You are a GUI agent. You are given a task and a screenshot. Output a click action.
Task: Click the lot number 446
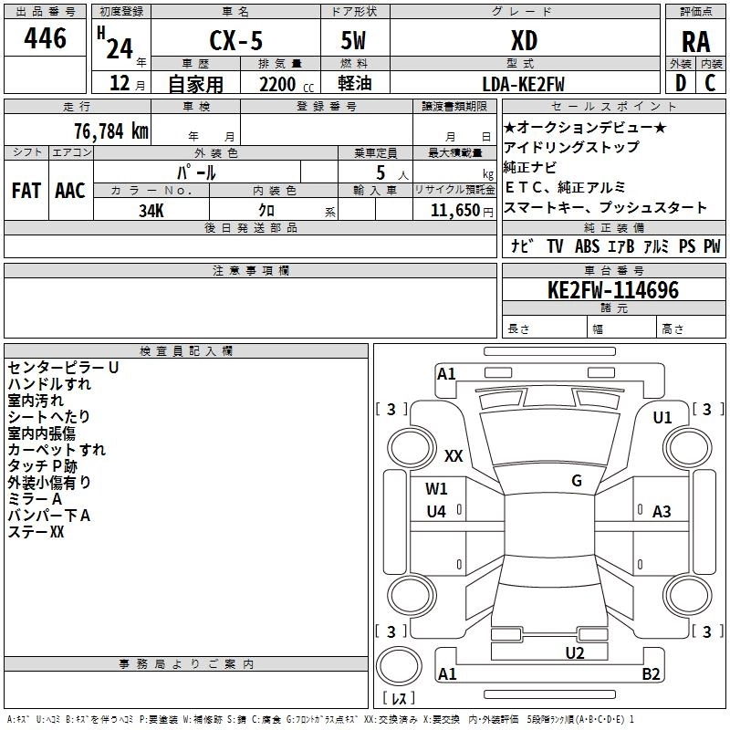[x=45, y=38]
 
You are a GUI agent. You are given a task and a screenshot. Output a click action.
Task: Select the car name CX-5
[x=236, y=40]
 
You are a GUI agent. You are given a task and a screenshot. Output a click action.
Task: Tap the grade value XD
[x=524, y=40]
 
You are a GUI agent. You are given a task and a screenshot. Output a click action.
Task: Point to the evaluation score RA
[x=696, y=42]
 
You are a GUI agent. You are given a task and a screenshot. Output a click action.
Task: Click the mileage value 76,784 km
[x=111, y=130]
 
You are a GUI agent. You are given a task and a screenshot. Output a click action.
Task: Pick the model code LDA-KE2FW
[x=523, y=84]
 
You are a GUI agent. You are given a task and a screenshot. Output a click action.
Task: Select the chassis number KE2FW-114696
[x=613, y=290]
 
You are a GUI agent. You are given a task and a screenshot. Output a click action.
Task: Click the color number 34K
[x=151, y=211]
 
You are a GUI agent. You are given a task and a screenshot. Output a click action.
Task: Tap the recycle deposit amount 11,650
[x=455, y=211]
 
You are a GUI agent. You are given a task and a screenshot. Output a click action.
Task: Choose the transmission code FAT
[x=26, y=191]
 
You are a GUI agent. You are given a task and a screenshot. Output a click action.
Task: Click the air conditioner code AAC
[x=70, y=191]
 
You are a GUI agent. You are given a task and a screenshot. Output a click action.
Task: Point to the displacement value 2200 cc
[x=287, y=85]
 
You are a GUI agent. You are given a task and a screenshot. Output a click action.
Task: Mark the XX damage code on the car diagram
[x=454, y=455]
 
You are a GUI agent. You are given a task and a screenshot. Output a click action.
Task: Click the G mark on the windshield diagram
[x=577, y=480]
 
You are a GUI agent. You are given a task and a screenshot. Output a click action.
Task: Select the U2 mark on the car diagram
[x=575, y=653]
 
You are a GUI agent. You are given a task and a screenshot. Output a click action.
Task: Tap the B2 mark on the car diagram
[x=651, y=673]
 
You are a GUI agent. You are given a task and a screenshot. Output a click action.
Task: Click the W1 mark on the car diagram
[x=436, y=489]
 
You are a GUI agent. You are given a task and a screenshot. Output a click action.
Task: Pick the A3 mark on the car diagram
[x=662, y=512]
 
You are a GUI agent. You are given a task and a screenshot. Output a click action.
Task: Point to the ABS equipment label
[x=587, y=246]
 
